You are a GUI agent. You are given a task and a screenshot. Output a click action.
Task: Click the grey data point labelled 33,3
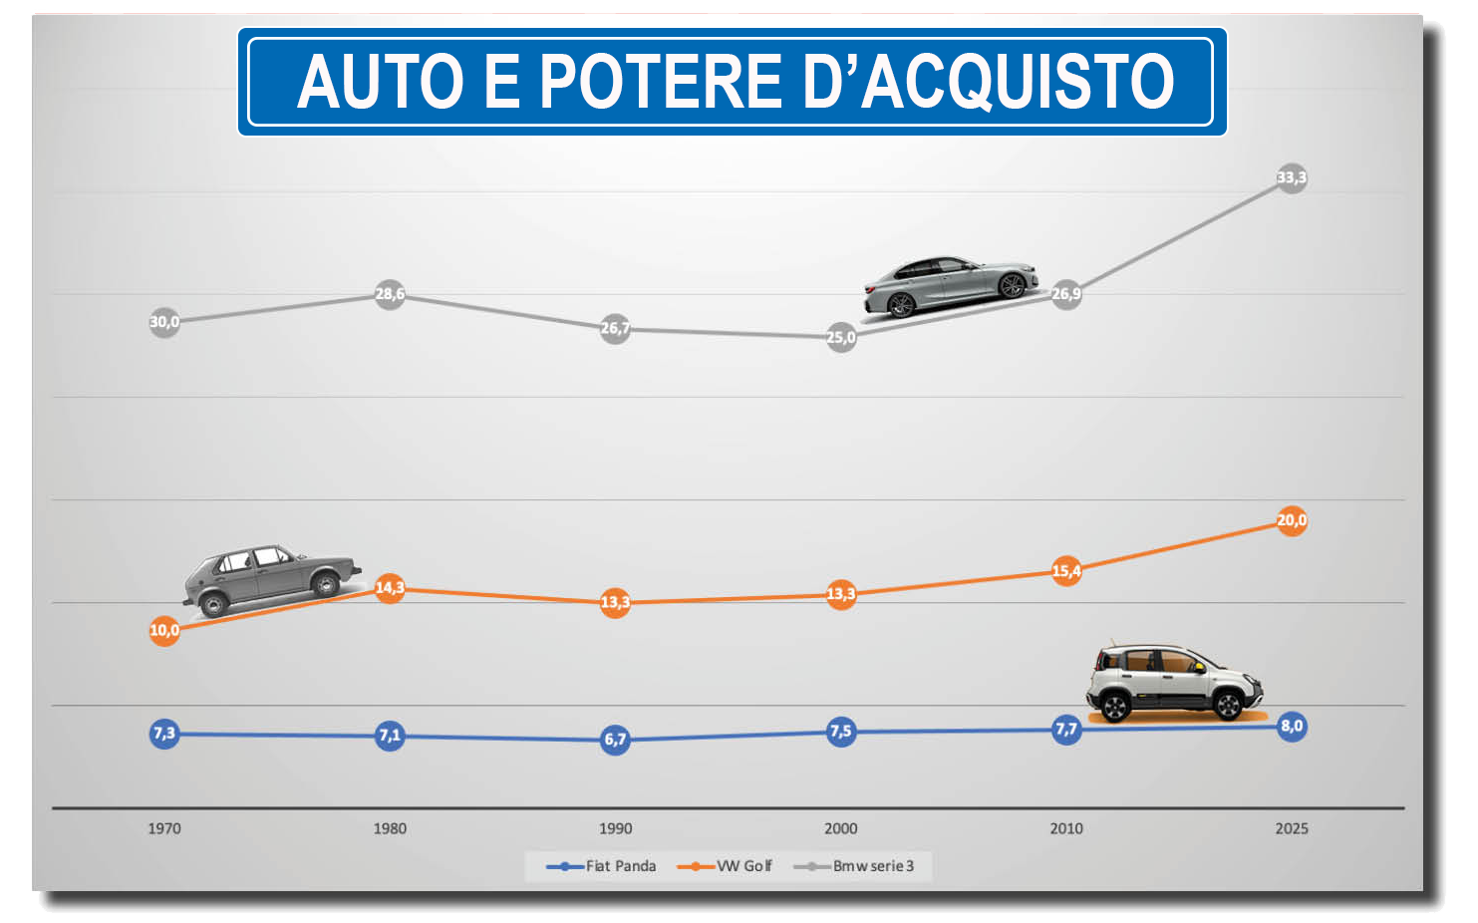pos(1291,178)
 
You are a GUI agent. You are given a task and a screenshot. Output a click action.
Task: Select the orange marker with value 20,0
pos(1291,520)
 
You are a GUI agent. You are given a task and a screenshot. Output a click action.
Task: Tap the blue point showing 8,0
pos(1291,727)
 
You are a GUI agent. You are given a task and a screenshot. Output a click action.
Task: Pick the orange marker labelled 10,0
pos(164,630)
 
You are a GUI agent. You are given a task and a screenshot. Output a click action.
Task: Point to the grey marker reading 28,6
pos(390,294)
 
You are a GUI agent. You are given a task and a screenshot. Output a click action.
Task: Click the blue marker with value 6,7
pos(615,740)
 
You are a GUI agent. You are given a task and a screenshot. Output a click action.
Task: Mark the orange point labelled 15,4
pos(1065,571)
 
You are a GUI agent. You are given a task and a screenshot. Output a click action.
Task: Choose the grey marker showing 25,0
pos(840,337)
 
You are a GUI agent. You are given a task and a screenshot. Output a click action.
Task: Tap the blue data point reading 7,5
pos(840,732)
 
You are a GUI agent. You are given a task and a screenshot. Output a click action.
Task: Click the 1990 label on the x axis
pos(615,828)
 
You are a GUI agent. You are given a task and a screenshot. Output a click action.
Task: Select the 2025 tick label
pos(1291,828)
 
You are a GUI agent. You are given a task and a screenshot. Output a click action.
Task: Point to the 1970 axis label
pos(164,828)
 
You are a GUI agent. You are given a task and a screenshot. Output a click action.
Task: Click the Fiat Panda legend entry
pos(602,866)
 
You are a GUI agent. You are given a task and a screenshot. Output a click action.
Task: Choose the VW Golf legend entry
pos(726,866)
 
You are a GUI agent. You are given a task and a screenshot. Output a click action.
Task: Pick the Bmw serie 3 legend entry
pos(854,866)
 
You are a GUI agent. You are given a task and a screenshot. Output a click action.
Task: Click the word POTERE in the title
pos(661,82)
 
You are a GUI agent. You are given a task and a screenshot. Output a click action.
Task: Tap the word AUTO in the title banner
pos(381,82)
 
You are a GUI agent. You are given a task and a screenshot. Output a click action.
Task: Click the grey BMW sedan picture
pos(949,286)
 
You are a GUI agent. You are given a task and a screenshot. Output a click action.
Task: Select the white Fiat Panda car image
pos(1173,681)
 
